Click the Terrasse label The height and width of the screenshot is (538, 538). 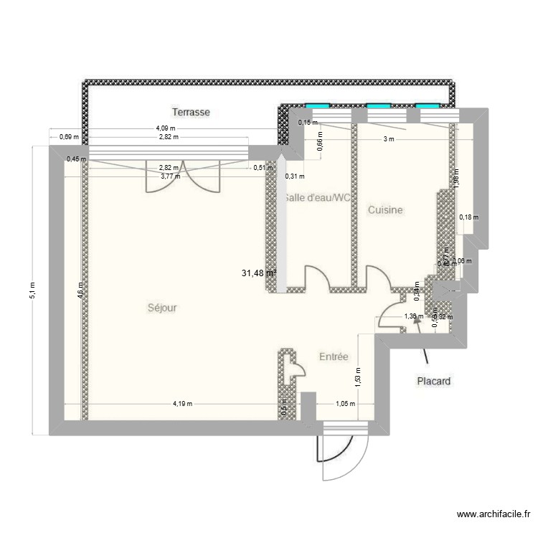coord(190,112)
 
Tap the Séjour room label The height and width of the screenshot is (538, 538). coord(161,308)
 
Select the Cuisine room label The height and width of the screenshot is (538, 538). coord(385,210)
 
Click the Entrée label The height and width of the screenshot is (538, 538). coord(334,357)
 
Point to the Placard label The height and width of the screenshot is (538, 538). coord(434,382)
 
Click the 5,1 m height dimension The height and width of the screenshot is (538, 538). coord(32,291)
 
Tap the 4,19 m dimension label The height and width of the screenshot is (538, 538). coord(182,404)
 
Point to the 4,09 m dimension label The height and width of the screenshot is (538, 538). coord(164,129)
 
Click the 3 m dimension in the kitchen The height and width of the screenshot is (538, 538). coord(388,140)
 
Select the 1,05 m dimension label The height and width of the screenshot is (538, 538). coord(345,404)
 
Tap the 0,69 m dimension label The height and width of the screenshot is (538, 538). coord(69,136)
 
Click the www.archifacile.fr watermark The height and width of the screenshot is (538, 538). coord(494,514)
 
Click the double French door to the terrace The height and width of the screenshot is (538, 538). coord(182,176)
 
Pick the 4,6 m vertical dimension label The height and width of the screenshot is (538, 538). coord(80,291)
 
